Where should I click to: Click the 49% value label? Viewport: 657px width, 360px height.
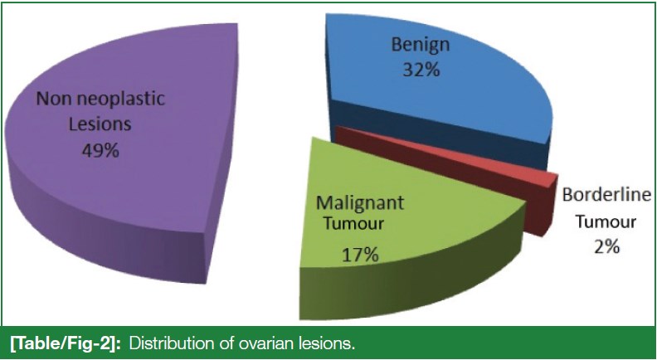tap(100, 149)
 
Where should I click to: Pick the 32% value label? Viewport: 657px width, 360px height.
tap(421, 70)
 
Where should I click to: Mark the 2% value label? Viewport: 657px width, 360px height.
tap(606, 247)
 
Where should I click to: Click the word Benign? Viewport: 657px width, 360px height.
tap(421, 45)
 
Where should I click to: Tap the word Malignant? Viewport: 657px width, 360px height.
tap(360, 203)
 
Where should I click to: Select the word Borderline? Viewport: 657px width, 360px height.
tap(606, 195)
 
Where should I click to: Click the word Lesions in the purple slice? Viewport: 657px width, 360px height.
tap(100, 124)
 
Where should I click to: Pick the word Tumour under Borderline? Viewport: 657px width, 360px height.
tap(606, 221)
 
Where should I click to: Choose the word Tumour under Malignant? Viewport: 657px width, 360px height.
tap(354, 223)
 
